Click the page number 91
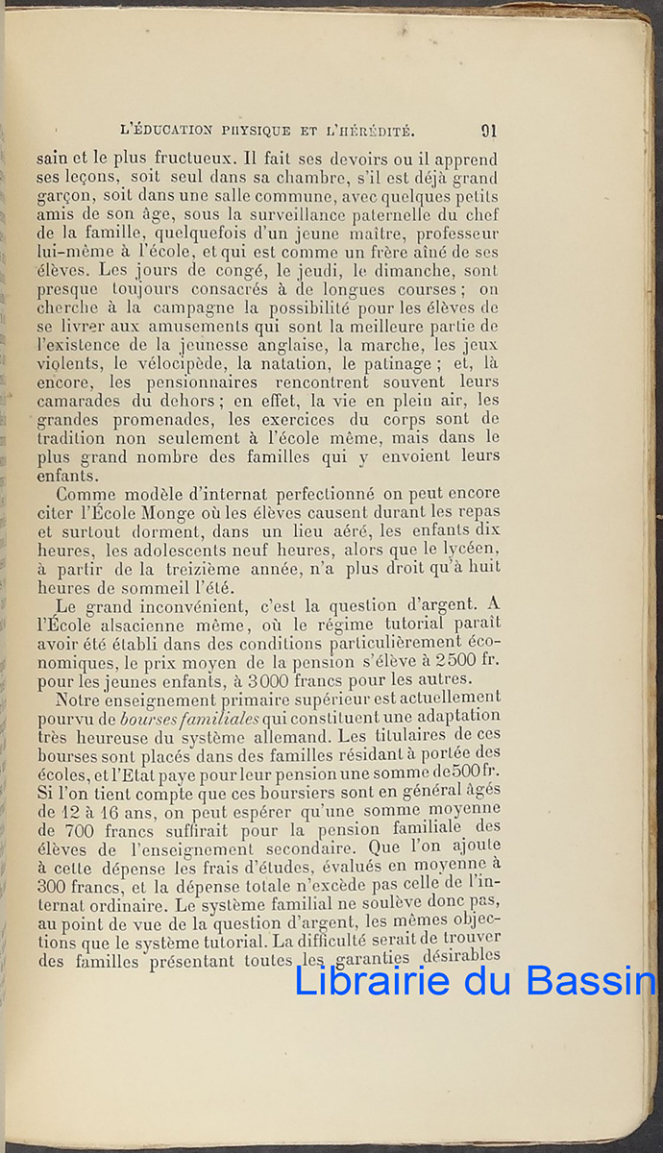[x=488, y=131]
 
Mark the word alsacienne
[x=159, y=624]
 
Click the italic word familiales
[x=217, y=717]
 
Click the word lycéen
[x=467, y=550]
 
